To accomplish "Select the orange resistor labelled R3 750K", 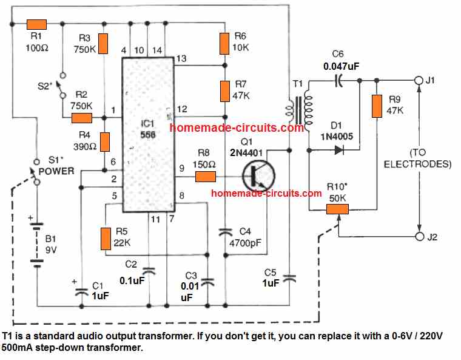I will click(103, 43).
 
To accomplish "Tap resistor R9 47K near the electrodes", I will click(377, 106).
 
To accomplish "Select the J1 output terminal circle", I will click(417, 80).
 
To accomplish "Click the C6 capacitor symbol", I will click(340, 80).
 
